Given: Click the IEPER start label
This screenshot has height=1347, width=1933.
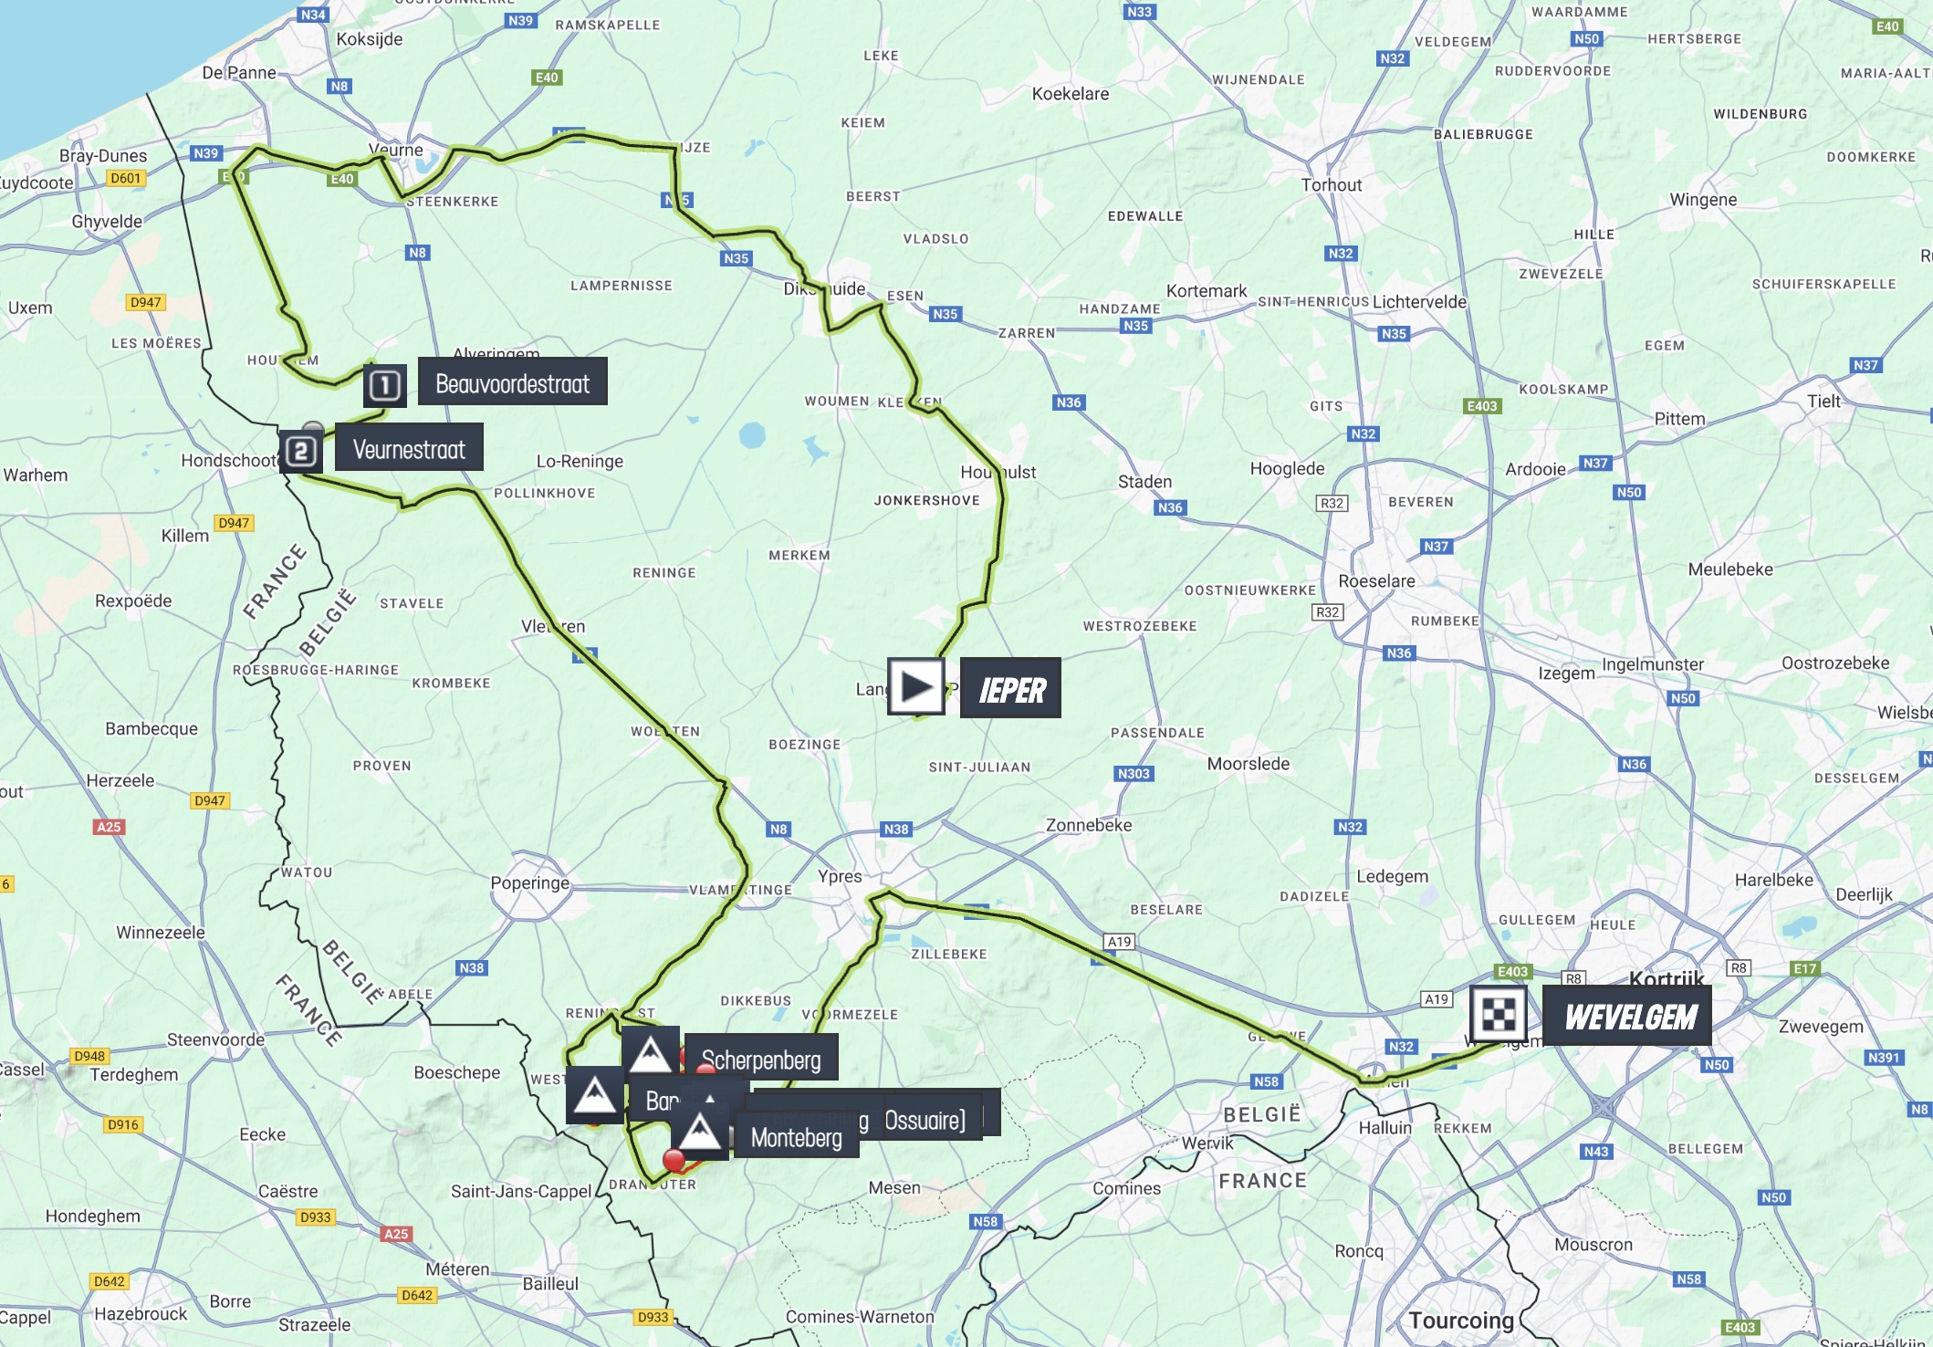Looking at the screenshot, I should point(1010,689).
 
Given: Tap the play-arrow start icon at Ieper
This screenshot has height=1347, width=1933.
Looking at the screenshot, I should point(915,686).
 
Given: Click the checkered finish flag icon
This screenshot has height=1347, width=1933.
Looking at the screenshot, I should point(1498,1013).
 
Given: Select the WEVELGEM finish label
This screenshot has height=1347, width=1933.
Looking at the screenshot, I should point(1630,1016).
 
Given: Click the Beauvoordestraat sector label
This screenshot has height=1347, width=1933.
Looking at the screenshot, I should point(512,382).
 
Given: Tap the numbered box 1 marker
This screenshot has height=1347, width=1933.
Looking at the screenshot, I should point(384,385).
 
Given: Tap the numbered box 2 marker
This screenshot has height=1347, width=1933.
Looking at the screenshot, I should point(301,451).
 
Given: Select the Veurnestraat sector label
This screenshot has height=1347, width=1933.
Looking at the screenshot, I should point(408,448).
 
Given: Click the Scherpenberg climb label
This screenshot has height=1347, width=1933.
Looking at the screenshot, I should point(760,1059).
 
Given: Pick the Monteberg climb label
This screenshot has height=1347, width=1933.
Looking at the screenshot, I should point(796,1137).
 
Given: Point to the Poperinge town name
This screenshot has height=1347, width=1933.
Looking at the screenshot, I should point(529,882).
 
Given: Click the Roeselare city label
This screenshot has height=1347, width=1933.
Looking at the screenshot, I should point(1376,581).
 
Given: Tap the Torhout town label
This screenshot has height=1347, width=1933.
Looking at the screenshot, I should point(1331,185).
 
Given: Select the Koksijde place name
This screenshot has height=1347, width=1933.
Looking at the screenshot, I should point(369,39).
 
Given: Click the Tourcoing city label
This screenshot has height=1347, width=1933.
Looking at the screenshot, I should point(1460,1321).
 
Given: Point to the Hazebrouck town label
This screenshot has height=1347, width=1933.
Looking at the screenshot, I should point(140,1313).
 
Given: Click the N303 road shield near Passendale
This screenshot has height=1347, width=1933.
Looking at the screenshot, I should point(1134,774).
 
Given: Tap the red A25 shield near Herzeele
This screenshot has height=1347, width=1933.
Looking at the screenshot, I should point(109,827).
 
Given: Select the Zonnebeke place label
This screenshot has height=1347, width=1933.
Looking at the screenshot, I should point(1088,825).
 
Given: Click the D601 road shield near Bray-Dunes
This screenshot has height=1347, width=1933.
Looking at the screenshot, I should point(125,178).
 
